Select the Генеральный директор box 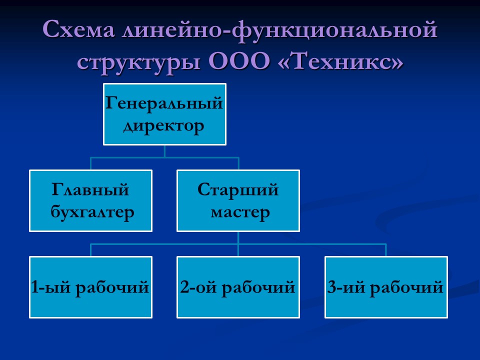(164, 114)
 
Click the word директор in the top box (164, 125)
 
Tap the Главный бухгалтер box (90, 200)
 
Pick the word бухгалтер (93, 212)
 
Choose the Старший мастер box (238, 200)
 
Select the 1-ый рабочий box (90, 287)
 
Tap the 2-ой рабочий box (238, 287)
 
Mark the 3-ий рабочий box (385, 287)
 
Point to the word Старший (238, 190)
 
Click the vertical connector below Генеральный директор (164, 151)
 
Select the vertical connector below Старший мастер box (238, 238)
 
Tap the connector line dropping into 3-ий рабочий (386, 250)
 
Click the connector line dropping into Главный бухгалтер (91, 163)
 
